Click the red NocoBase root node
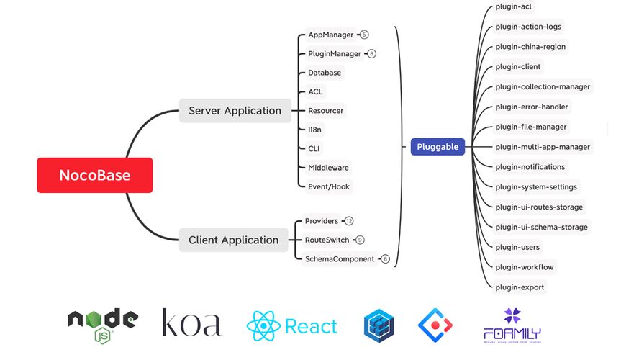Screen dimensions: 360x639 pos(94,175)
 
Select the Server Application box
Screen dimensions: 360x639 pos(235,111)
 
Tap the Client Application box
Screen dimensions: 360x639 pos(233,240)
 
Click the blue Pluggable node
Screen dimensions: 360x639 pos(438,147)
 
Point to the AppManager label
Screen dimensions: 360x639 pos(330,35)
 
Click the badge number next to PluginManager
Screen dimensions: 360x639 pos(371,53)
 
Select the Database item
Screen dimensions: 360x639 pos(325,73)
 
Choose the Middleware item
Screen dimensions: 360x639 pos(328,168)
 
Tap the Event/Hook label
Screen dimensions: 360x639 pos(330,186)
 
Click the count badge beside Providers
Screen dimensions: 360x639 pos(349,221)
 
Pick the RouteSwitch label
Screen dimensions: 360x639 pos(327,240)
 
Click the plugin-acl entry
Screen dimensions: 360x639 pos(514,6)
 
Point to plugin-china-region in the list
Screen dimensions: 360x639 pos(530,47)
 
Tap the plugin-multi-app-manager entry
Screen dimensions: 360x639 pos(543,147)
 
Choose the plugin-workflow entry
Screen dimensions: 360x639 pos(524,267)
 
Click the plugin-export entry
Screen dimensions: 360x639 pos(520,287)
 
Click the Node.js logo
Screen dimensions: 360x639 pos(102,324)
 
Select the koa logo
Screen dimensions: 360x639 pos(191,323)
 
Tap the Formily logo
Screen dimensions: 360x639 pos(512,325)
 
